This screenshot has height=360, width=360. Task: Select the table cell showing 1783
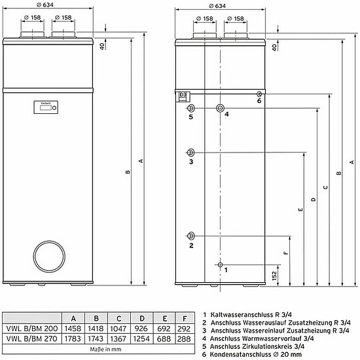click(x=74, y=338)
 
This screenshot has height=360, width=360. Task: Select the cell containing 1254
click(x=136, y=338)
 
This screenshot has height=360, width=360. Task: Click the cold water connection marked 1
click(x=220, y=264)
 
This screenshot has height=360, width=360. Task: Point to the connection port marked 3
click(x=191, y=151)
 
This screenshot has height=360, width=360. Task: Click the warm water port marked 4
click(x=220, y=108)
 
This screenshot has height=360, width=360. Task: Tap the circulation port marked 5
click(x=191, y=108)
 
